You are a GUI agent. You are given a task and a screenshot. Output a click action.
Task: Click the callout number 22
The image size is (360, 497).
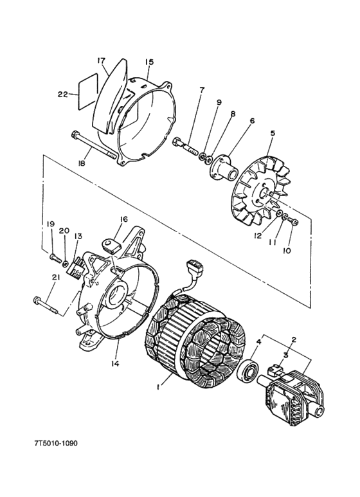point(62,94)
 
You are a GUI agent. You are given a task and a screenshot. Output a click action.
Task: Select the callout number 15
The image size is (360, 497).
point(149,62)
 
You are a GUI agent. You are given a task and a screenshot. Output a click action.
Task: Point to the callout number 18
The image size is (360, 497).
point(82,164)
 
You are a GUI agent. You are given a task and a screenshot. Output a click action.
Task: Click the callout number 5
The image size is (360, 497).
point(273,134)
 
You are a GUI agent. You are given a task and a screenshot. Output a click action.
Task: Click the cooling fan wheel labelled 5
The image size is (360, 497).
point(264,186)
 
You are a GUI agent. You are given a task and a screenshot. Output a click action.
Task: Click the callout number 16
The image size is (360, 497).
point(123,219)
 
